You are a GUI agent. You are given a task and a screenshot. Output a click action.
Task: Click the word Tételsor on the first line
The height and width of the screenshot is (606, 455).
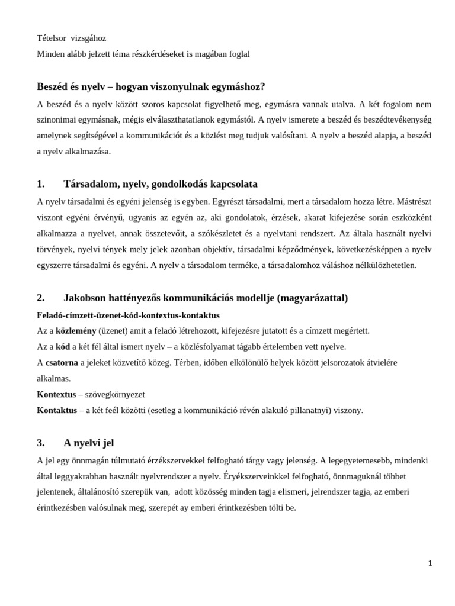[x=50, y=38]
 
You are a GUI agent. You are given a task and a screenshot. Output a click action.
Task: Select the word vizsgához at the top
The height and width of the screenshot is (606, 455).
[x=88, y=38]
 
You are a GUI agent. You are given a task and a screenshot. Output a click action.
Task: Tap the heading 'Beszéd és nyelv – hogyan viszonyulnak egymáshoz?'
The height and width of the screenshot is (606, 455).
[x=150, y=87]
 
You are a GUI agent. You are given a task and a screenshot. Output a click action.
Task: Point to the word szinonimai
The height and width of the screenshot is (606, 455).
[x=55, y=120]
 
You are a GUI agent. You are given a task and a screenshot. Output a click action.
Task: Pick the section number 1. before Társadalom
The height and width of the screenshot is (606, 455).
[x=41, y=184]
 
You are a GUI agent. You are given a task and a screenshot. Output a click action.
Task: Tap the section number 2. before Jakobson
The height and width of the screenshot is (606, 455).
[x=41, y=298]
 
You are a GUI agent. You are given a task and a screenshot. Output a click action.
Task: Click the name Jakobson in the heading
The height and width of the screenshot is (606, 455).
[x=85, y=298]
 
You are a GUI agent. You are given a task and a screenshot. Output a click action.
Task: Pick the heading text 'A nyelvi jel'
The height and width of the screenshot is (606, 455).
[x=88, y=443]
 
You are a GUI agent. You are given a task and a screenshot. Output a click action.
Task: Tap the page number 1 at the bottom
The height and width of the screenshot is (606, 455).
[x=430, y=563]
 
